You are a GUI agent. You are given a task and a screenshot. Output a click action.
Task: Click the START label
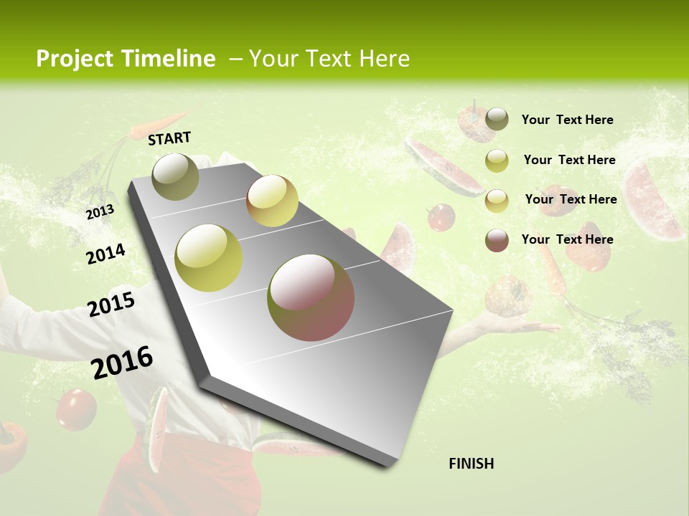[x=169, y=138]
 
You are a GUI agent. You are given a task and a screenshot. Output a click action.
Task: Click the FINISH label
[x=472, y=464]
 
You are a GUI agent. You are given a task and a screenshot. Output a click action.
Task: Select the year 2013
[x=100, y=212]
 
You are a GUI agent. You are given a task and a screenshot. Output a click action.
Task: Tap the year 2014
[x=106, y=254]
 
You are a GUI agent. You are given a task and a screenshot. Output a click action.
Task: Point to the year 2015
[x=111, y=305]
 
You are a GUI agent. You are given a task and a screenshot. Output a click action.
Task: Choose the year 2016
[x=123, y=363]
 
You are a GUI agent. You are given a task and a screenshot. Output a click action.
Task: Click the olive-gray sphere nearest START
[x=175, y=176]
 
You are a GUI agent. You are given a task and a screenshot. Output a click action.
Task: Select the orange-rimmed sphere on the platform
[x=272, y=201]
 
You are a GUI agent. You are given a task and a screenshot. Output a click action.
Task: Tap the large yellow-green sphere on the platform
[x=209, y=258]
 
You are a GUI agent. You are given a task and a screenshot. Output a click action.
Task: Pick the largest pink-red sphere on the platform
[x=311, y=297]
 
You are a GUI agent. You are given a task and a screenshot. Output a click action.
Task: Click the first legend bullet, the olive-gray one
[x=497, y=119]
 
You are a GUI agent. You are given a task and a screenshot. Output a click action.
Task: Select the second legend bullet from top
[x=497, y=161]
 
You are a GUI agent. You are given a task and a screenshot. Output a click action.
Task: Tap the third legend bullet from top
[x=497, y=201]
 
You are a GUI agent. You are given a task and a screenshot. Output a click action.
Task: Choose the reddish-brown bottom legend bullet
[x=497, y=240]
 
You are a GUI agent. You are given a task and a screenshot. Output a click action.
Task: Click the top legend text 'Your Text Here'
[x=568, y=120]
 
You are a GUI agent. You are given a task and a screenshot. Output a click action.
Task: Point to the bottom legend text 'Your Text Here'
[x=568, y=239]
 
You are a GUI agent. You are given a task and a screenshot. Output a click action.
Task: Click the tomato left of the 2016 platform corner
[x=76, y=408]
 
